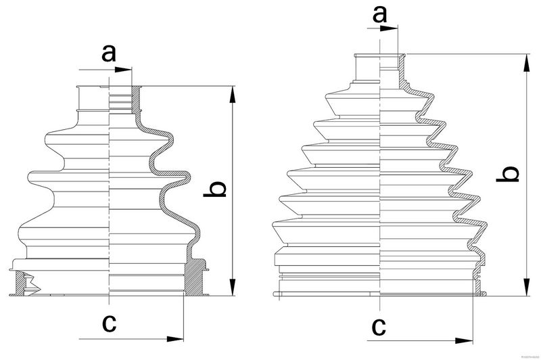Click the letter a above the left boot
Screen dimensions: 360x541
click(x=108, y=53)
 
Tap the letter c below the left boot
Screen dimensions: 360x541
click(x=108, y=323)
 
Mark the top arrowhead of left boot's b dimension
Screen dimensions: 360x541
click(x=233, y=95)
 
